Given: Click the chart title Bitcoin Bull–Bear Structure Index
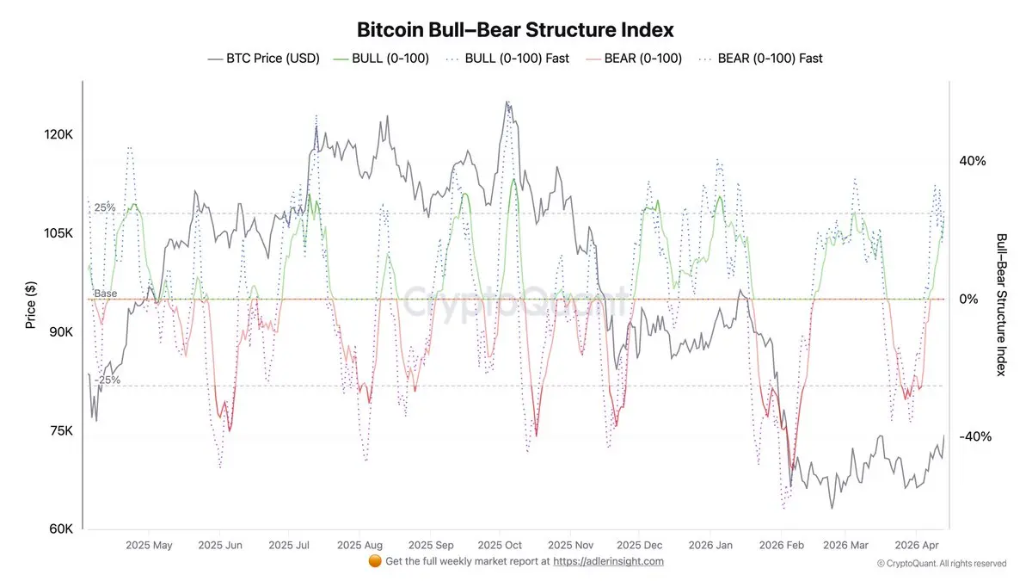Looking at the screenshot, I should coord(515,30).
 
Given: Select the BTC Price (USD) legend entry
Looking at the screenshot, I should coord(263,59).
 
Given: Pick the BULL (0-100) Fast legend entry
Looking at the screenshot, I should coord(507,59).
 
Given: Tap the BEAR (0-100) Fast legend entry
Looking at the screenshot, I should coord(761,59).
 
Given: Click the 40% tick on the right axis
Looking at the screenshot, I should coord(972,161).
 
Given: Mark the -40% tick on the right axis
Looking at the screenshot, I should coord(974,436).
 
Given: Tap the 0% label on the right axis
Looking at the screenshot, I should coord(968,299).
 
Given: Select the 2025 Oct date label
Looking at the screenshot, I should coord(500,545).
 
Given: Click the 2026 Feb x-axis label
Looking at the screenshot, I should coord(782,545).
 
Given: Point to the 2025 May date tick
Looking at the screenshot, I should coord(149,545).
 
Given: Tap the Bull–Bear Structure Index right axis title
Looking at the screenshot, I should coord(1001,305).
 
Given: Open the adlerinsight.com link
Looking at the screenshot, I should coord(608,561).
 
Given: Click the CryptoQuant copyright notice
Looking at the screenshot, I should coord(942,564).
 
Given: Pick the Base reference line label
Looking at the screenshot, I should coord(106,294).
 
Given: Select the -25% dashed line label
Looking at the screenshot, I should coord(107,380).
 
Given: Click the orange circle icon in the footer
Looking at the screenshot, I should coord(374,561).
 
